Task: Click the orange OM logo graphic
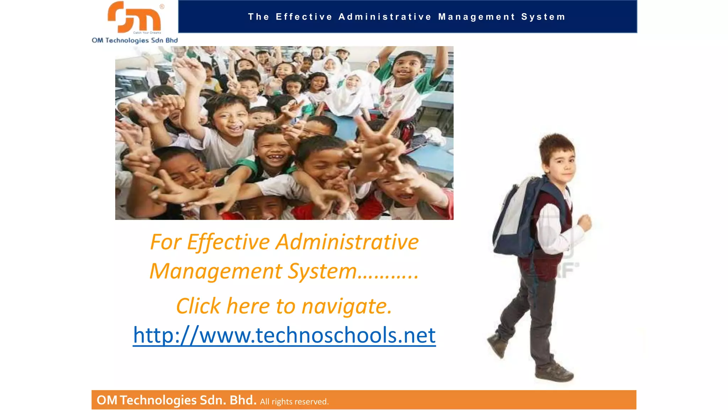[x=134, y=17]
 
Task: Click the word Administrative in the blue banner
[x=385, y=17]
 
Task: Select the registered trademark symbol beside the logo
[x=162, y=6]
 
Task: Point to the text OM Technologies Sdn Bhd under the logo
[x=135, y=40]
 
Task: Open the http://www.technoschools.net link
[x=284, y=335]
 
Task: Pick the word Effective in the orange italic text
[x=228, y=242]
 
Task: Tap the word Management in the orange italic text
[x=216, y=271]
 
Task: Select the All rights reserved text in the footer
[x=294, y=401]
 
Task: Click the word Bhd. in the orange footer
[x=243, y=400]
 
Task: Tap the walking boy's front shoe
[x=553, y=372]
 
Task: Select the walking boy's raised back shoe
[x=497, y=345]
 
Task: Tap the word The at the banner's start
[x=258, y=17]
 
